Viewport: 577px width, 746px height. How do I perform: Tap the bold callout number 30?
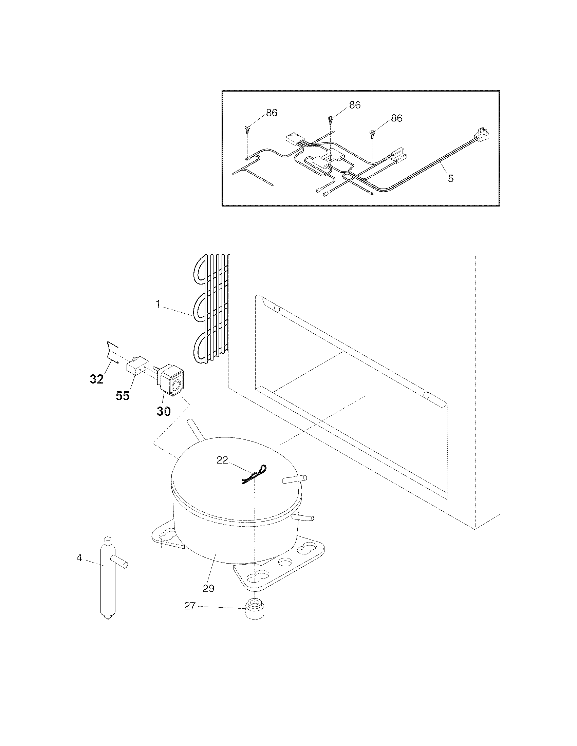coord(163,411)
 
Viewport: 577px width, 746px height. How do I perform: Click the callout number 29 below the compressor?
coord(208,588)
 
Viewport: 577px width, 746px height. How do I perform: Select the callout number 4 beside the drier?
coord(79,558)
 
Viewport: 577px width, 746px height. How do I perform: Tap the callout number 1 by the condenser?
coord(158,305)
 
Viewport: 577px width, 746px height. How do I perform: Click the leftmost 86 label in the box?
coord(272,113)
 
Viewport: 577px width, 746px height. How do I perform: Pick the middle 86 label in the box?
coord(355,105)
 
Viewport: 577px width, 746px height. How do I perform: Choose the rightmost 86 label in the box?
coord(396,118)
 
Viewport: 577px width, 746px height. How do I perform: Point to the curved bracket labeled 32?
coord(112,352)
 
